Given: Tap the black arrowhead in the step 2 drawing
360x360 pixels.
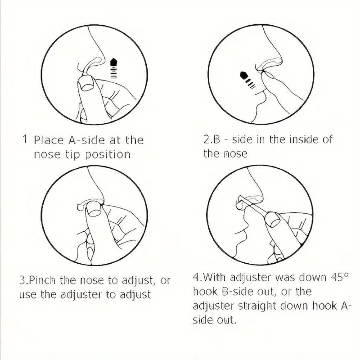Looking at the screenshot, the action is pyautogui.click(x=244, y=75).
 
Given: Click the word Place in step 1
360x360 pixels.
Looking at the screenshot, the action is pyautogui.click(x=49, y=140).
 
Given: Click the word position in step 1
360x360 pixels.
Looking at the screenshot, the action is pyautogui.click(x=108, y=155).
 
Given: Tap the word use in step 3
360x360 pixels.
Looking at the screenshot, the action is pyautogui.click(x=27, y=295).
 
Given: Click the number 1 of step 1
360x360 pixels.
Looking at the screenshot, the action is pyautogui.click(x=25, y=139).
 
